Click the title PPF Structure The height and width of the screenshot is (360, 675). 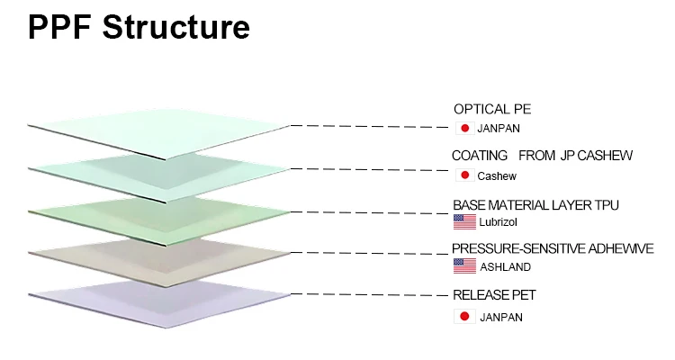[139, 28]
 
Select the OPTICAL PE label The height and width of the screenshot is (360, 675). [492, 110]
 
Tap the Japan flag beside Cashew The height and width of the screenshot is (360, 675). [465, 175]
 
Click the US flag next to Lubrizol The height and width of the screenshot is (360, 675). [465, 221]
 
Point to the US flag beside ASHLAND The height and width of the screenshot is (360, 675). [465, 266]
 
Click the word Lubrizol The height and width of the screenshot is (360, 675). [498, 222]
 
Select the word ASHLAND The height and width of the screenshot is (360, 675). [506, 267]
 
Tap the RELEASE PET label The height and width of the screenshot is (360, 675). [494, 295]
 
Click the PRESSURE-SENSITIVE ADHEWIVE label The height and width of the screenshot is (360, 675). [553, 248]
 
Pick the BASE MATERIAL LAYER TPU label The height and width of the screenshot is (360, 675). [536, 205]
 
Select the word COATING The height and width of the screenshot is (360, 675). [480, 156]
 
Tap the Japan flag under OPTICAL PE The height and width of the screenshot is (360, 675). [465, 128]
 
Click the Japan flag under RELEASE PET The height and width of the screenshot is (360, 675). [465, 317]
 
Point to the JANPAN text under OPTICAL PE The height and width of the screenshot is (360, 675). [499, 129]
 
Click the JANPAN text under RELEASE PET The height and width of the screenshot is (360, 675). [501, 318]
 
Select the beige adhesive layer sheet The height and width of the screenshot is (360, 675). [159, 262]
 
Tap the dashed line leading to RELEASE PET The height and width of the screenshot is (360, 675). [370, 295]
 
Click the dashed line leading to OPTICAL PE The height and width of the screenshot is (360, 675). [370, 126]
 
